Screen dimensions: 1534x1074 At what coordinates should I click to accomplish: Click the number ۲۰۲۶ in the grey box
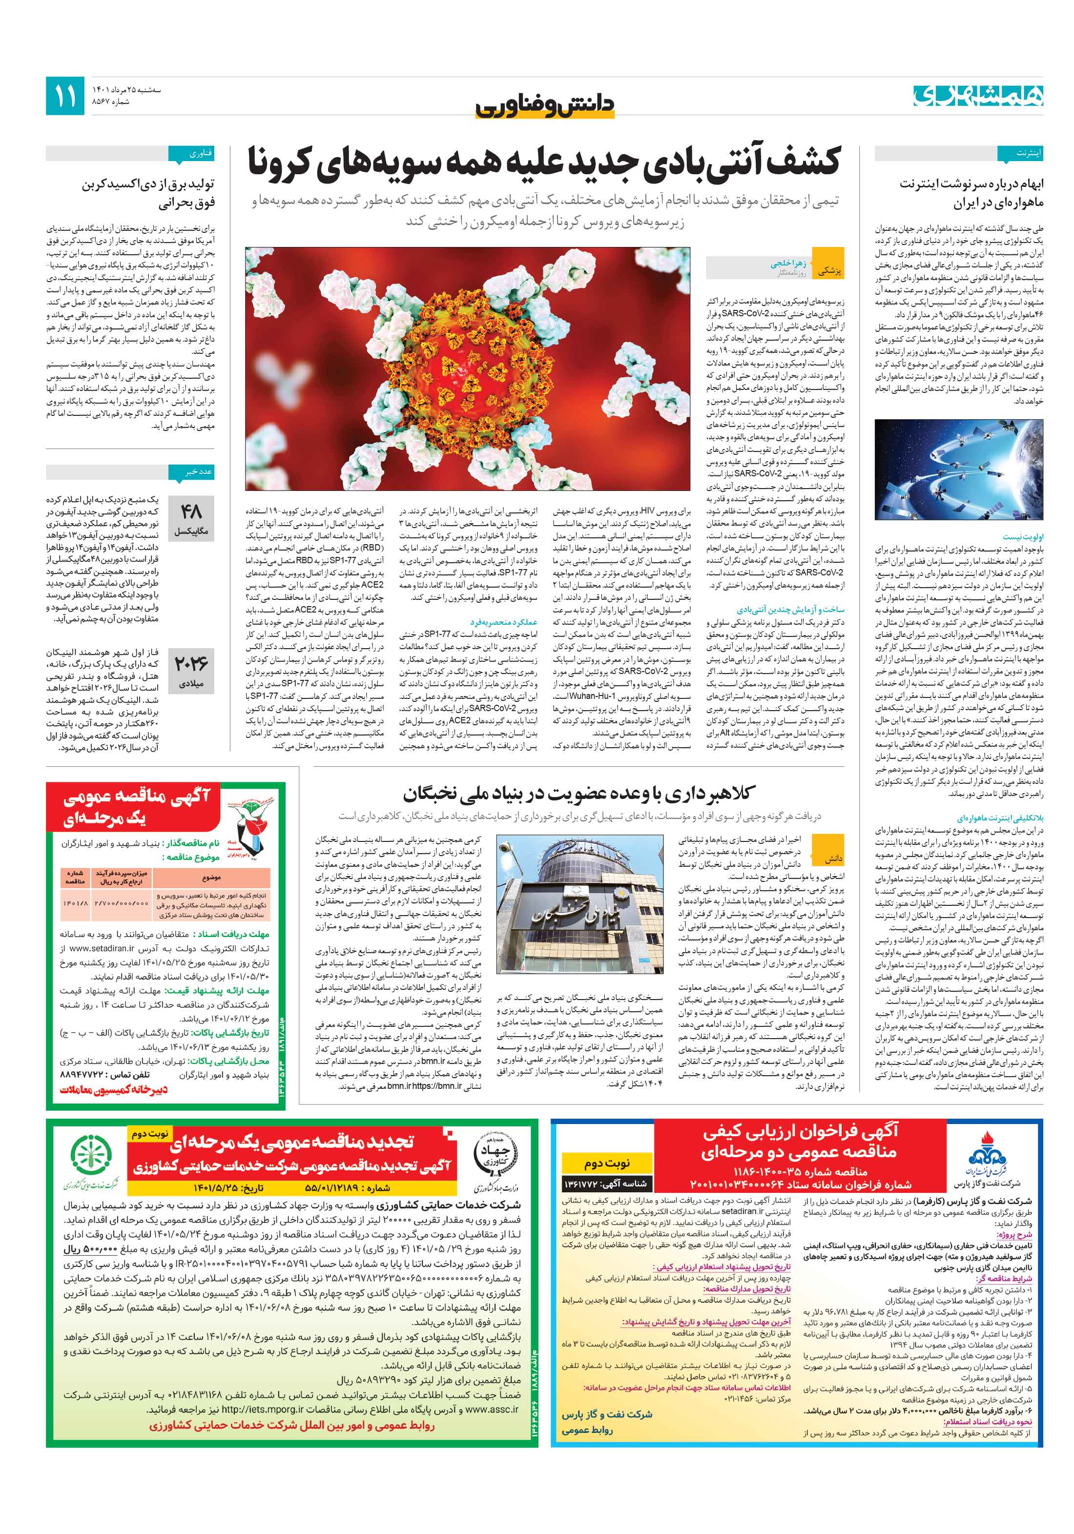(190, 663)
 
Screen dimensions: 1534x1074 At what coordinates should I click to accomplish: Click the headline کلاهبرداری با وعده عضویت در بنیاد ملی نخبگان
(579, 793)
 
